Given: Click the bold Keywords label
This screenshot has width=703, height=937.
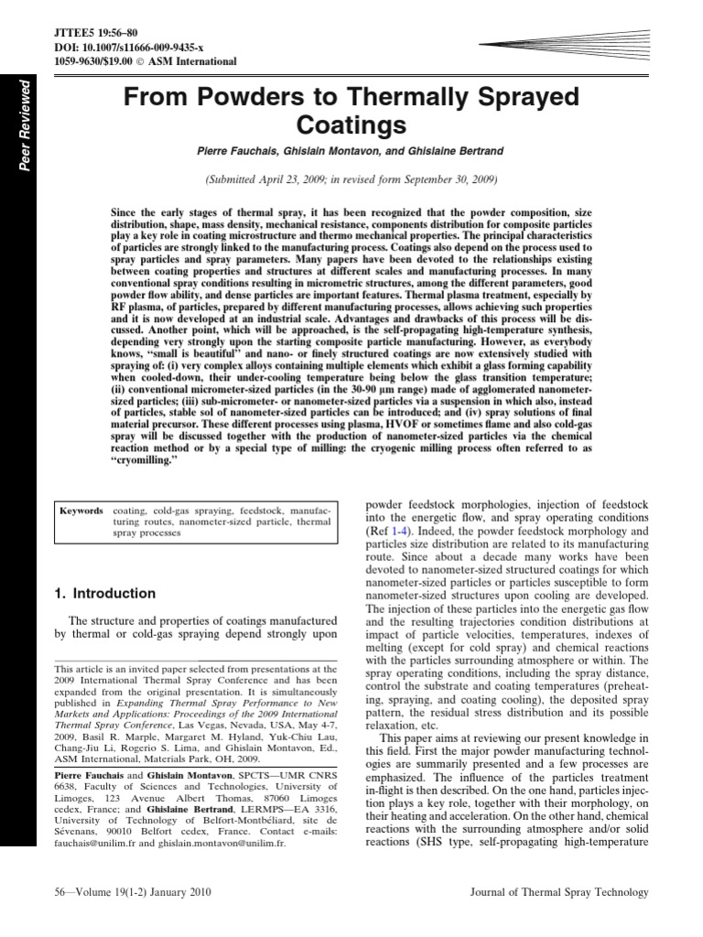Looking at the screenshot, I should click(81, 510).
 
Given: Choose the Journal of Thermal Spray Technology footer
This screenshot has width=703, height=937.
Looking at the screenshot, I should click(558, 892).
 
